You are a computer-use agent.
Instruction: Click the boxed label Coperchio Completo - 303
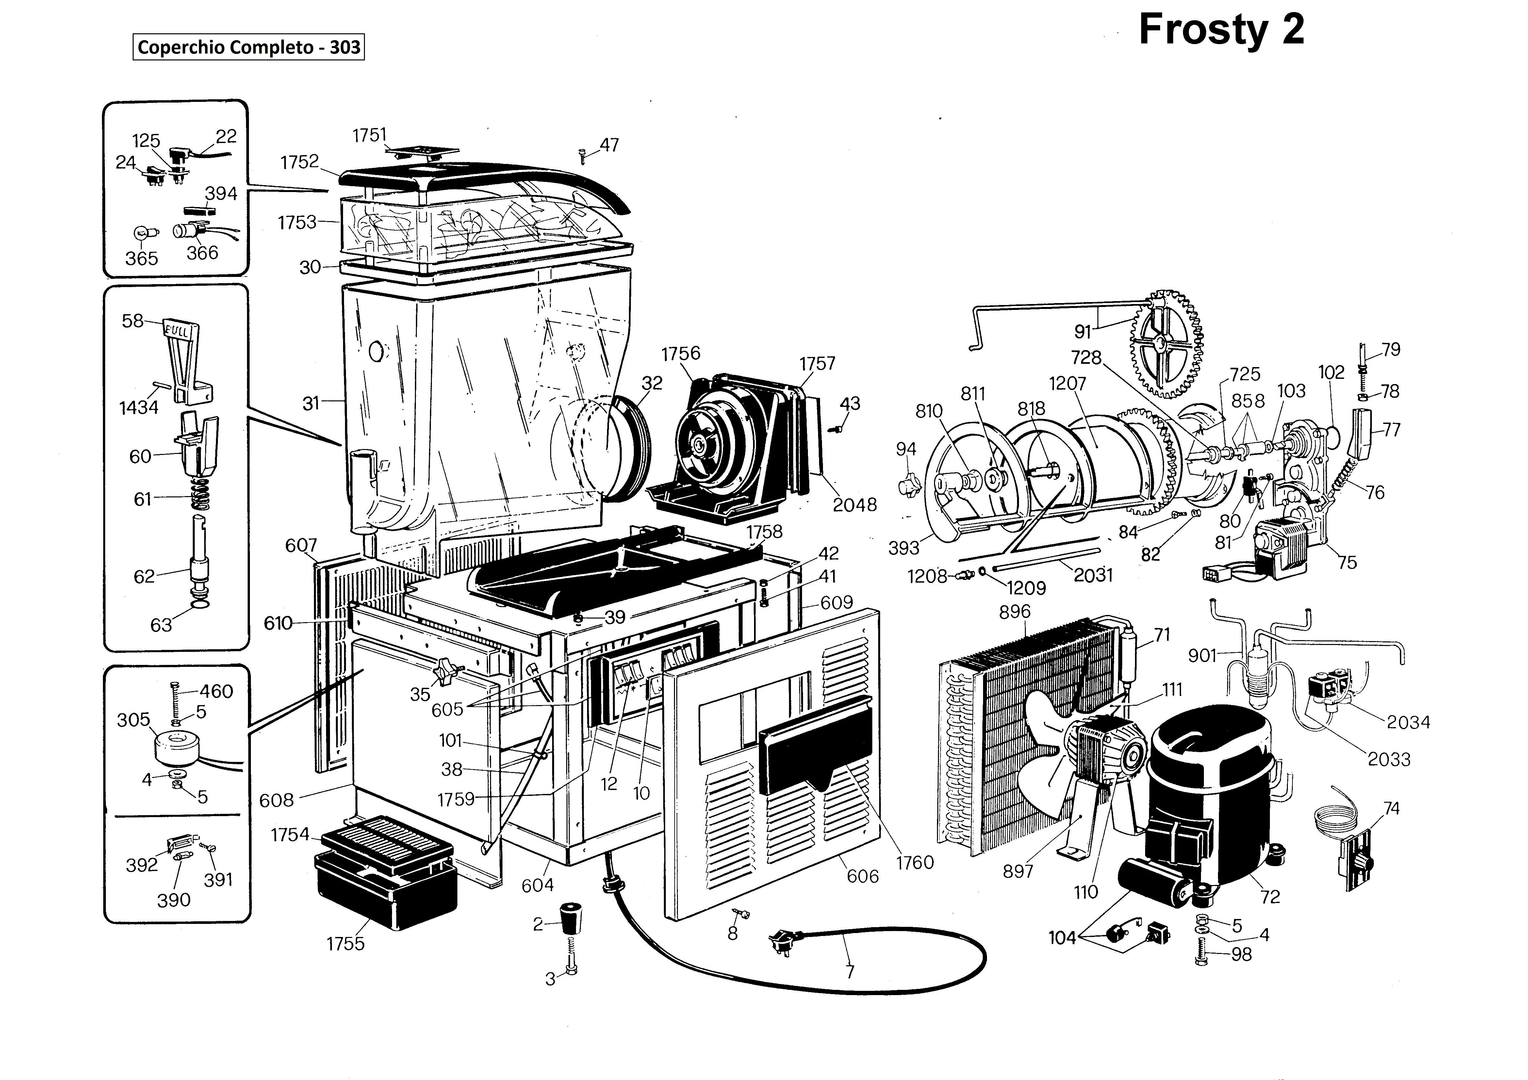(249, 47)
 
